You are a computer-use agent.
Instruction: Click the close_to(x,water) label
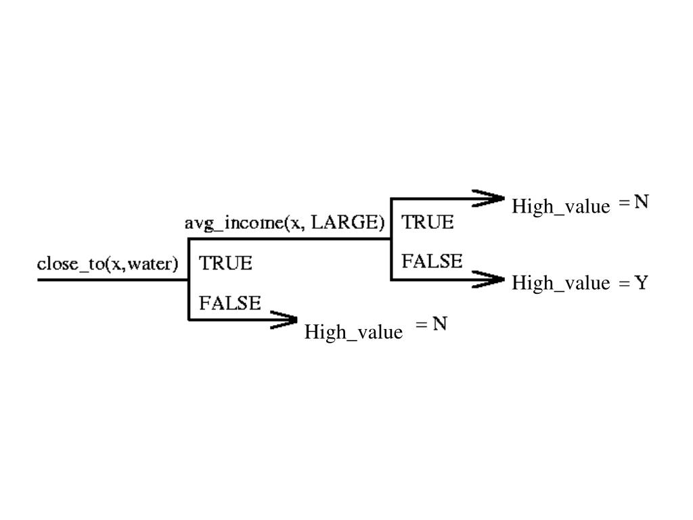tap(108, 263)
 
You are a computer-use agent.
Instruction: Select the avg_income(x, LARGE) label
tap(285, 223)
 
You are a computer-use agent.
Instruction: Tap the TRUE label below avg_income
tap(225, 263)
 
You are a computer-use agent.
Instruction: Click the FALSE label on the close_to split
tap(229, 303)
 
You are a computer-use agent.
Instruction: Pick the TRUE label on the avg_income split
tap(428, 222)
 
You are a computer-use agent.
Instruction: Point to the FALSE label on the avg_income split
tap(432, 261)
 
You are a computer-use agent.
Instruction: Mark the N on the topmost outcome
tap(642, 202)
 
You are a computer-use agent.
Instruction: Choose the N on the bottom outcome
tap(440, 324)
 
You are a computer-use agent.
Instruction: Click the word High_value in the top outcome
tap(560, 206)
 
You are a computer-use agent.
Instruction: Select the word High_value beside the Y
tap(560, 283)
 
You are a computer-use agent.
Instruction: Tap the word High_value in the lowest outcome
tap(353, 332)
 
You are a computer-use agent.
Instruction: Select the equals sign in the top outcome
tap(624, 202)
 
